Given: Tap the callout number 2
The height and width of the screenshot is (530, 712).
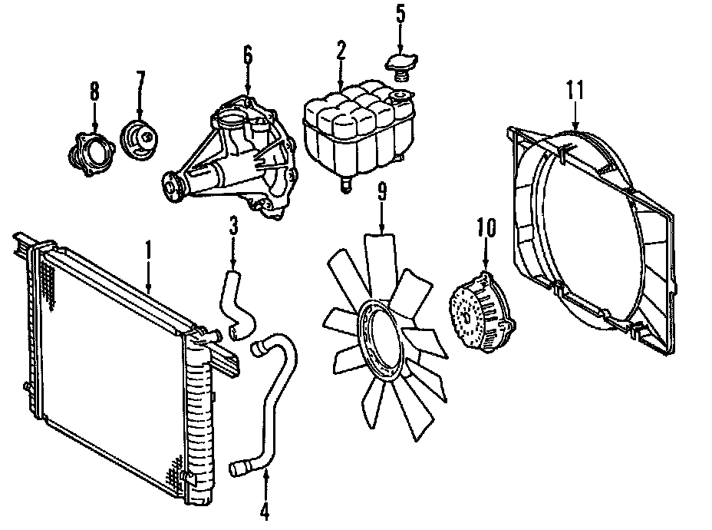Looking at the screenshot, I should coord(341,52).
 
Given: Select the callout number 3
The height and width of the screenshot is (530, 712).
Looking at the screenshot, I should coord(232,227).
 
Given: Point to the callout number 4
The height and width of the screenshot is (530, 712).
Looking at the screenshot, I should coord(265,511).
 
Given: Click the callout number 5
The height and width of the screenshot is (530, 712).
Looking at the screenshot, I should coord(399,14).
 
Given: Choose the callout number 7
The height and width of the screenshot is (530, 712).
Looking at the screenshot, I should coord(140,81).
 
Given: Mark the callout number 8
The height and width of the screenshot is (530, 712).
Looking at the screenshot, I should coord(94,92).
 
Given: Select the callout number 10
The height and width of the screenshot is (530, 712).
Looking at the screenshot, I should coord(486,229).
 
